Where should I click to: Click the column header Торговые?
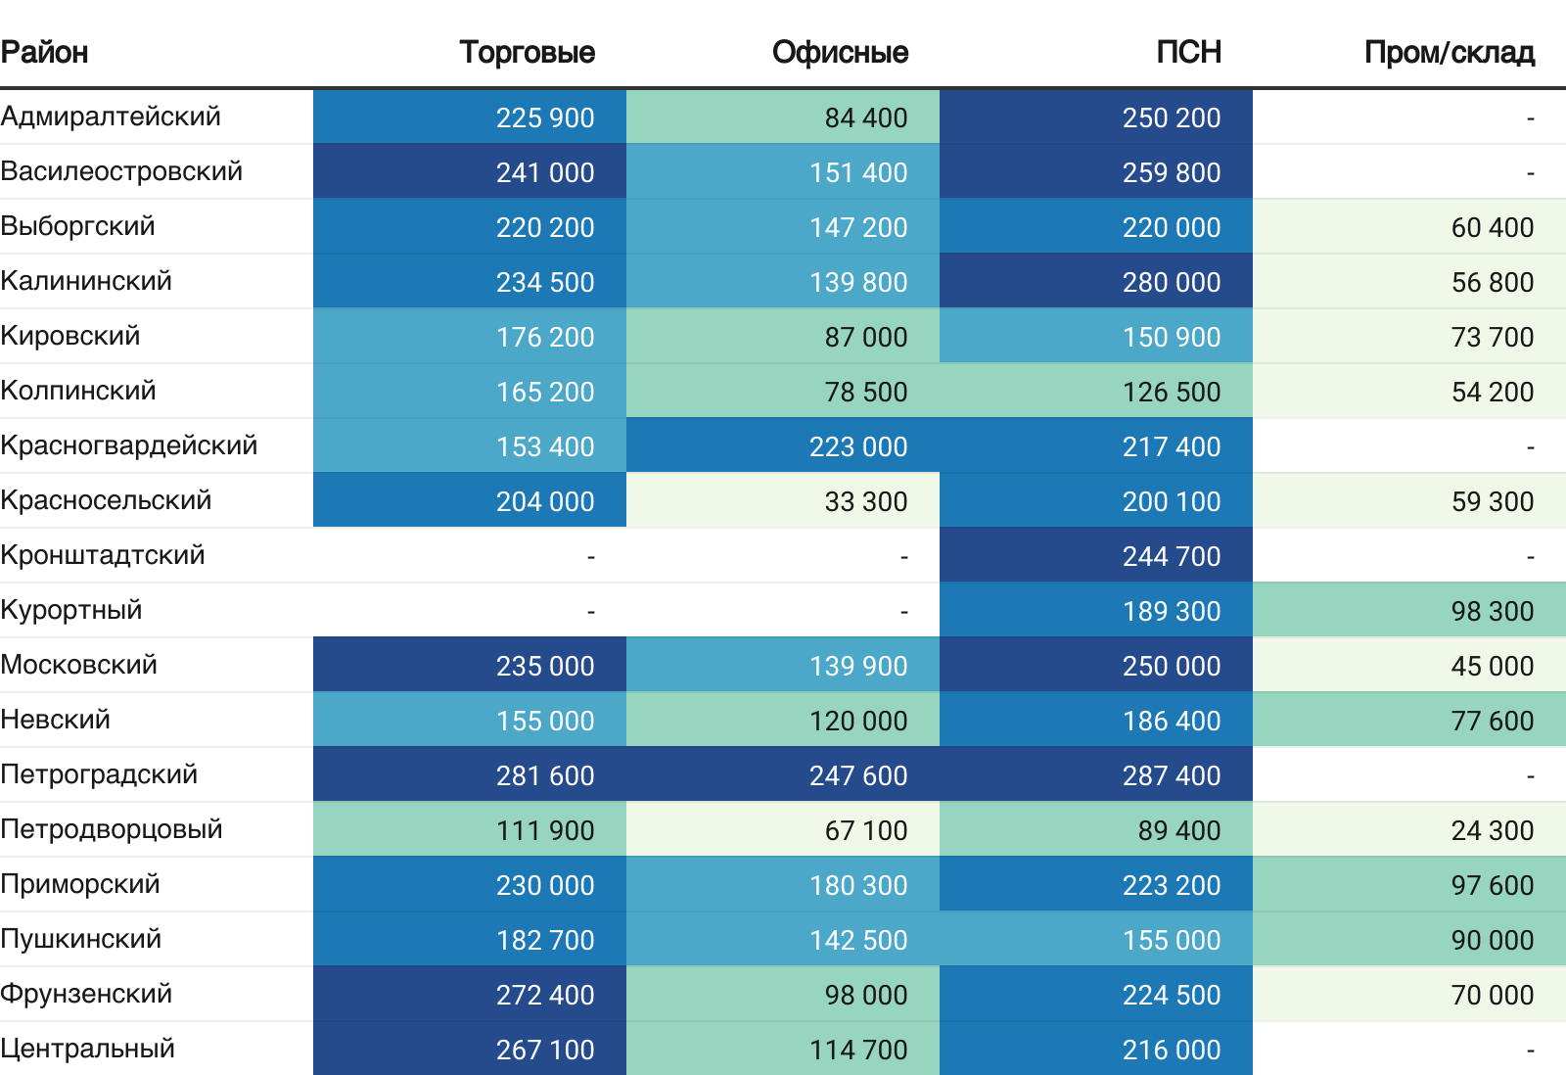[x=527, y=52]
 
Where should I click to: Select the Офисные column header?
[x=840, y=52]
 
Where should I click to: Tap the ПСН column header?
[x=1188, y=52]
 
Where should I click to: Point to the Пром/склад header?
[x=1449, y=52]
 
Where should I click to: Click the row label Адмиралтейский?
[x=111, y=117]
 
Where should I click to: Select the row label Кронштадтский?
[x=103, y=555]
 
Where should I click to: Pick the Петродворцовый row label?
[x=112, y=829]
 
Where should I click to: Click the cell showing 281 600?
[x=544, y=775]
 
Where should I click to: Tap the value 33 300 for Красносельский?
[x=865, y=501]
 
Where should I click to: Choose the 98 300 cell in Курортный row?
[x=1492, y=611]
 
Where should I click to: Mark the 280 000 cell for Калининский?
[x=1171, y=282]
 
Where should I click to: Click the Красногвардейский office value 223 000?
[x=857, y=446]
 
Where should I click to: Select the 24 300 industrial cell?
[x=1492, y=830]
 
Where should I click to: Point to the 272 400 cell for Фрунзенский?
[x=544, y=995]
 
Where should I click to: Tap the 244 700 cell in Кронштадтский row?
[x=1171, y=556]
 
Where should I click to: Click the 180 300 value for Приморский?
[x=857, y=885]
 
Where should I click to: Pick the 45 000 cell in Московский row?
[x=1492, y=666]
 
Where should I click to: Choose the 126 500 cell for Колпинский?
[x=1171, y=392]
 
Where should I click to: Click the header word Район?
[x=44, y=52]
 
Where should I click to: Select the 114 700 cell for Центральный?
[x=857, y=1050]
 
